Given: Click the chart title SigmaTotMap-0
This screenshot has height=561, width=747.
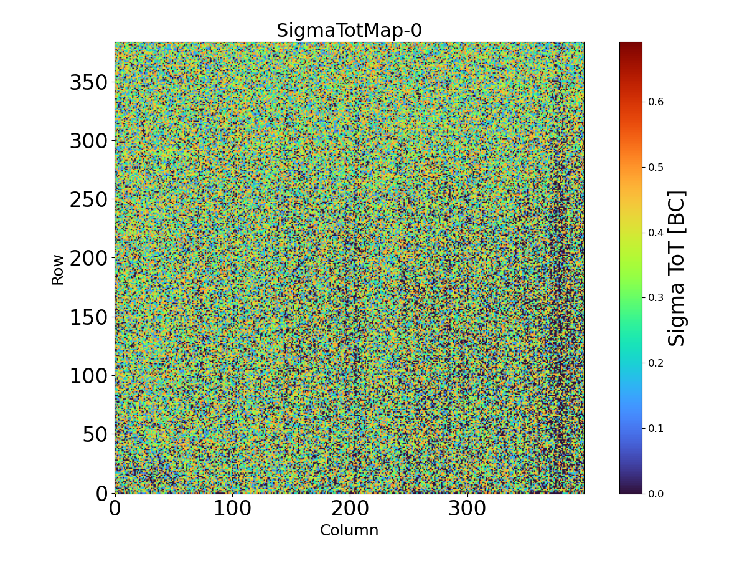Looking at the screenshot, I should point(349,31).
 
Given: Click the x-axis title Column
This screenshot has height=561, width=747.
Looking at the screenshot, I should point(349,530).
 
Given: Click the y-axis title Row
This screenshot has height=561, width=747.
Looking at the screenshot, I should point(58,269).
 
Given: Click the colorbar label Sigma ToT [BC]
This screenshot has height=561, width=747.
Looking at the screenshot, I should point(677,268).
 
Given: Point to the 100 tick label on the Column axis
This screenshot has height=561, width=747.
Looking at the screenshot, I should point(232,509).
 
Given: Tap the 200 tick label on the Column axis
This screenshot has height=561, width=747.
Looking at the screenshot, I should point(350,509).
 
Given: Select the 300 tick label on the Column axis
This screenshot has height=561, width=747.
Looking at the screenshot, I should point(467,509).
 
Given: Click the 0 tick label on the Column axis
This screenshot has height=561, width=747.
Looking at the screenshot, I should point(115,509).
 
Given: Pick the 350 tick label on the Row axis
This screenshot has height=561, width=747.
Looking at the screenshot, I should point(88,82).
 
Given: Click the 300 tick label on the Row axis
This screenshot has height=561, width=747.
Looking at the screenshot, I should point(88,141).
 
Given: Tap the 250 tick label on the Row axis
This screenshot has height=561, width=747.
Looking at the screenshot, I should point(88,200).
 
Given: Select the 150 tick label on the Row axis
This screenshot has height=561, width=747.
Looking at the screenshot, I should point(88,317).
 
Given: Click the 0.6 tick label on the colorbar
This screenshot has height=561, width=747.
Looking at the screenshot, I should point(655,102).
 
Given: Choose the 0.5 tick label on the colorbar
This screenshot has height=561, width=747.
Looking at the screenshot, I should point(655,167).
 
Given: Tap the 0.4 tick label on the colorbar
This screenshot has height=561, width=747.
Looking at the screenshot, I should point(655,233).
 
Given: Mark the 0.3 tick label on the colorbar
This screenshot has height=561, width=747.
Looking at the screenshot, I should point(655,297).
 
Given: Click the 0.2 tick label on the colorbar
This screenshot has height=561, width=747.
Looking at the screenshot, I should point(655,363).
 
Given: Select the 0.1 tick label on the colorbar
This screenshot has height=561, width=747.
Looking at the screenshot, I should point(655,428).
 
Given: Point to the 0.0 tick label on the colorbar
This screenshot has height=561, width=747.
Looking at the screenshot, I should point(655,494).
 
